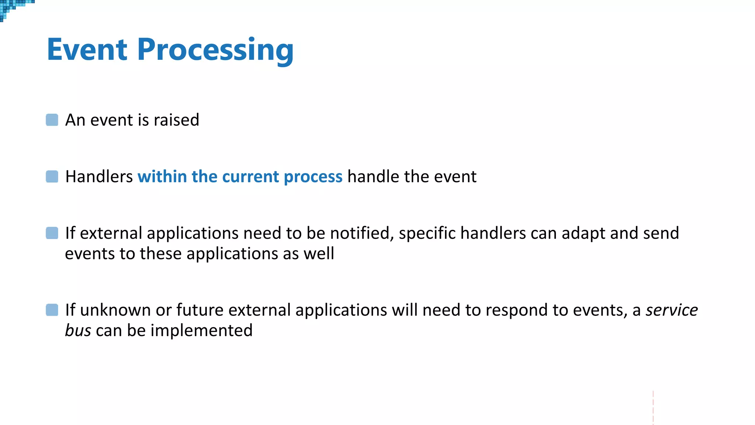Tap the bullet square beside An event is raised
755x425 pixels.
pyautogui.click(x=52, y=120)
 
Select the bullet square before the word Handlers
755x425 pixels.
pyautogui.click(x=52, y=176)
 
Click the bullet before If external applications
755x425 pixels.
pyautogui.click(x=52, y=233)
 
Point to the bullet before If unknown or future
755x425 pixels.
pyautogui.click(x=52, y=310)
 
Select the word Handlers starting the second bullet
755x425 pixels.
pyautogui.click(x=99, y=176)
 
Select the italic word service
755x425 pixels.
pyautogui.click(x=671, y=310)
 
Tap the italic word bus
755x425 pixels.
pyautogui.click(x=78, y=330)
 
